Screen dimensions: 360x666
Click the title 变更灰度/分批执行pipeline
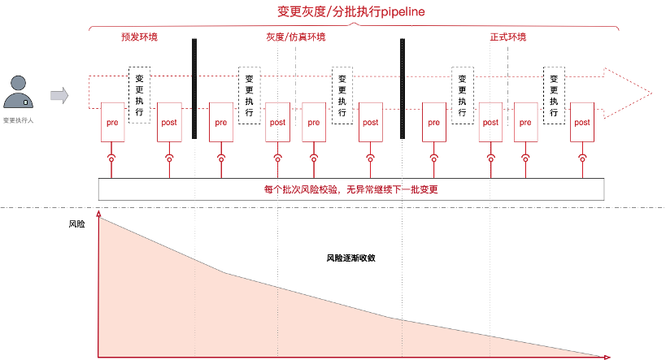pos(351,12)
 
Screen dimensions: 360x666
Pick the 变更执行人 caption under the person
pos(18,119)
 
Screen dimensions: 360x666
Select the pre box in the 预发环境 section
pos(112,122)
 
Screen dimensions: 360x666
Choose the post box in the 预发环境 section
pos(169,122)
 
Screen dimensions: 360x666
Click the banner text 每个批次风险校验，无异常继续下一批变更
pos(351,189)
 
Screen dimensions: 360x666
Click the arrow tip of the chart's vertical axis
pos(99,215)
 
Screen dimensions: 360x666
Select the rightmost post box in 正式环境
pos(581,122)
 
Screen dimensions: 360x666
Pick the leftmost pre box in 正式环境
pos(434,122)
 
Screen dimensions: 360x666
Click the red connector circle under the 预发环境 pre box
pos(112,157)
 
